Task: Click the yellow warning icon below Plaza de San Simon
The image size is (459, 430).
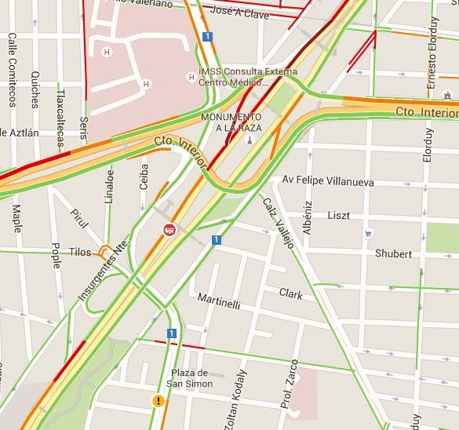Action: point(159,401)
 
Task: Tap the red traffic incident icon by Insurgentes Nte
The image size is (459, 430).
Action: point(169,230)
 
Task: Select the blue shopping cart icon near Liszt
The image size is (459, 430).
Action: point(368,233)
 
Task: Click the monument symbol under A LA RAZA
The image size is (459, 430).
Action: point(249,140)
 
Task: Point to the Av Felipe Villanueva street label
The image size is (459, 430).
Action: point(327,181)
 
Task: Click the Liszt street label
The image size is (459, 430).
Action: point(339,215)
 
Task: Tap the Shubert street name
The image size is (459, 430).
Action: point(393,253)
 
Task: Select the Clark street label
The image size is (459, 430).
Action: point(290,293)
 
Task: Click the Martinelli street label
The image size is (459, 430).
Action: point(219,301)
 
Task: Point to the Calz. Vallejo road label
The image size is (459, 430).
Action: point(278,222)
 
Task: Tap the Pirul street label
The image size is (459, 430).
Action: point(79,219)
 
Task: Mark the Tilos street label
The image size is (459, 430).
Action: point(79,252)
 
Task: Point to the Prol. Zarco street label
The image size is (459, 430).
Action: point(292,384)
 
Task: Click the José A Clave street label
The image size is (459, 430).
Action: point(240,13)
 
